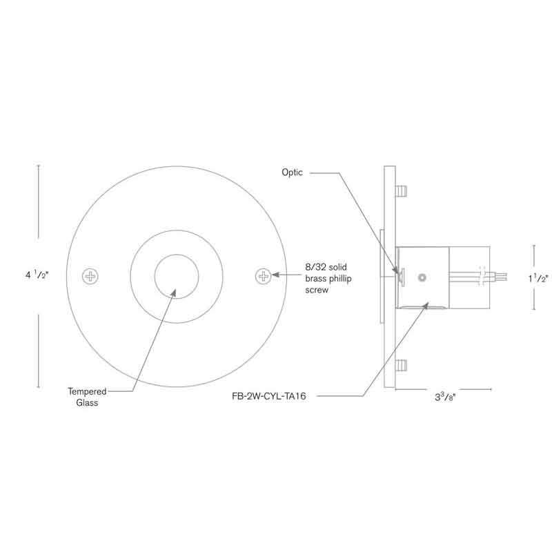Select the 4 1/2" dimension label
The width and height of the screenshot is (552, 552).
37,275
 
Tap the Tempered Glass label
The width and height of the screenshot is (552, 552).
87,397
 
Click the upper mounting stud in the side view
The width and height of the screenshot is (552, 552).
402,188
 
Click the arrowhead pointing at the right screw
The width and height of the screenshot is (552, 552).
274,275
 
